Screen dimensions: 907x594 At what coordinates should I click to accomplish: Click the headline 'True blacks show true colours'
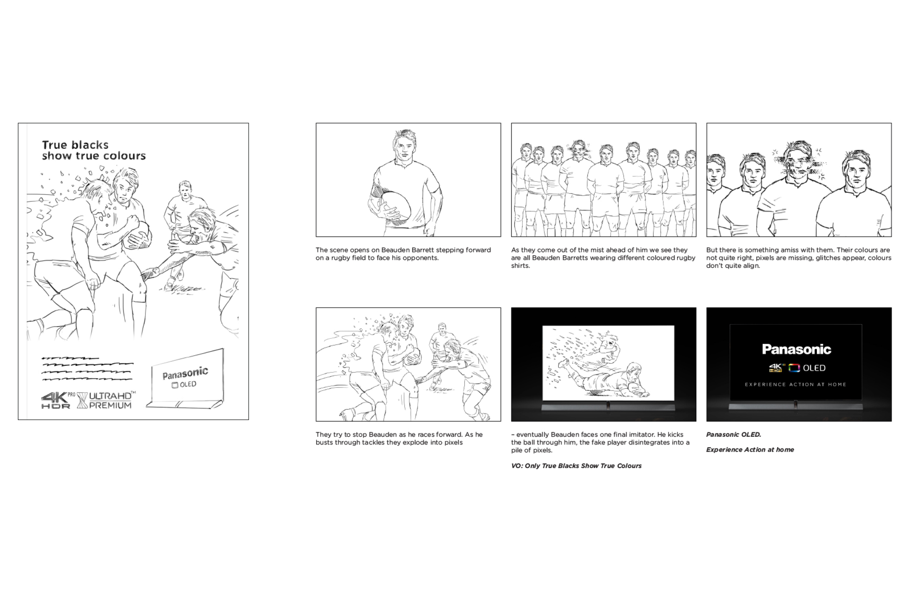(94, 151)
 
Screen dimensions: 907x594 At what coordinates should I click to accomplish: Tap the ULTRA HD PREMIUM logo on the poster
(107, 400)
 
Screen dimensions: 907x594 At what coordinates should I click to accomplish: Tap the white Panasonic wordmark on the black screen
(796, 349)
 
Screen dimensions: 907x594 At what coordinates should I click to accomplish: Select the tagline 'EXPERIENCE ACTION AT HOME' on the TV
(796, 385)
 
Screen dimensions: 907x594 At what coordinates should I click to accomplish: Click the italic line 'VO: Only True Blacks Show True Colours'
(576, 466)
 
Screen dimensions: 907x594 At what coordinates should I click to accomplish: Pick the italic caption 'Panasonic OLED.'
(733, 435)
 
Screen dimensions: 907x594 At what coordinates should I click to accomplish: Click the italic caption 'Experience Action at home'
(750, 450)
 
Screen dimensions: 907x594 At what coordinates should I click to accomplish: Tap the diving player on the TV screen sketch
(605, 378)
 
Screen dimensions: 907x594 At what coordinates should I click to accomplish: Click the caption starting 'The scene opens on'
(403, 254)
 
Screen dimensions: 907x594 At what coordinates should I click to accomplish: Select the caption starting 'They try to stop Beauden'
(399, 438)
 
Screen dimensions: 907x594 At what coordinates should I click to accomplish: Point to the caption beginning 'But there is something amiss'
(799, 258)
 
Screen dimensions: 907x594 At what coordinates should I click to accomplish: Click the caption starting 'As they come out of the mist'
(603, 258)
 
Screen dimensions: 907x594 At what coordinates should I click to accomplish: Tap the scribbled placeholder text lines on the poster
(87, 369)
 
